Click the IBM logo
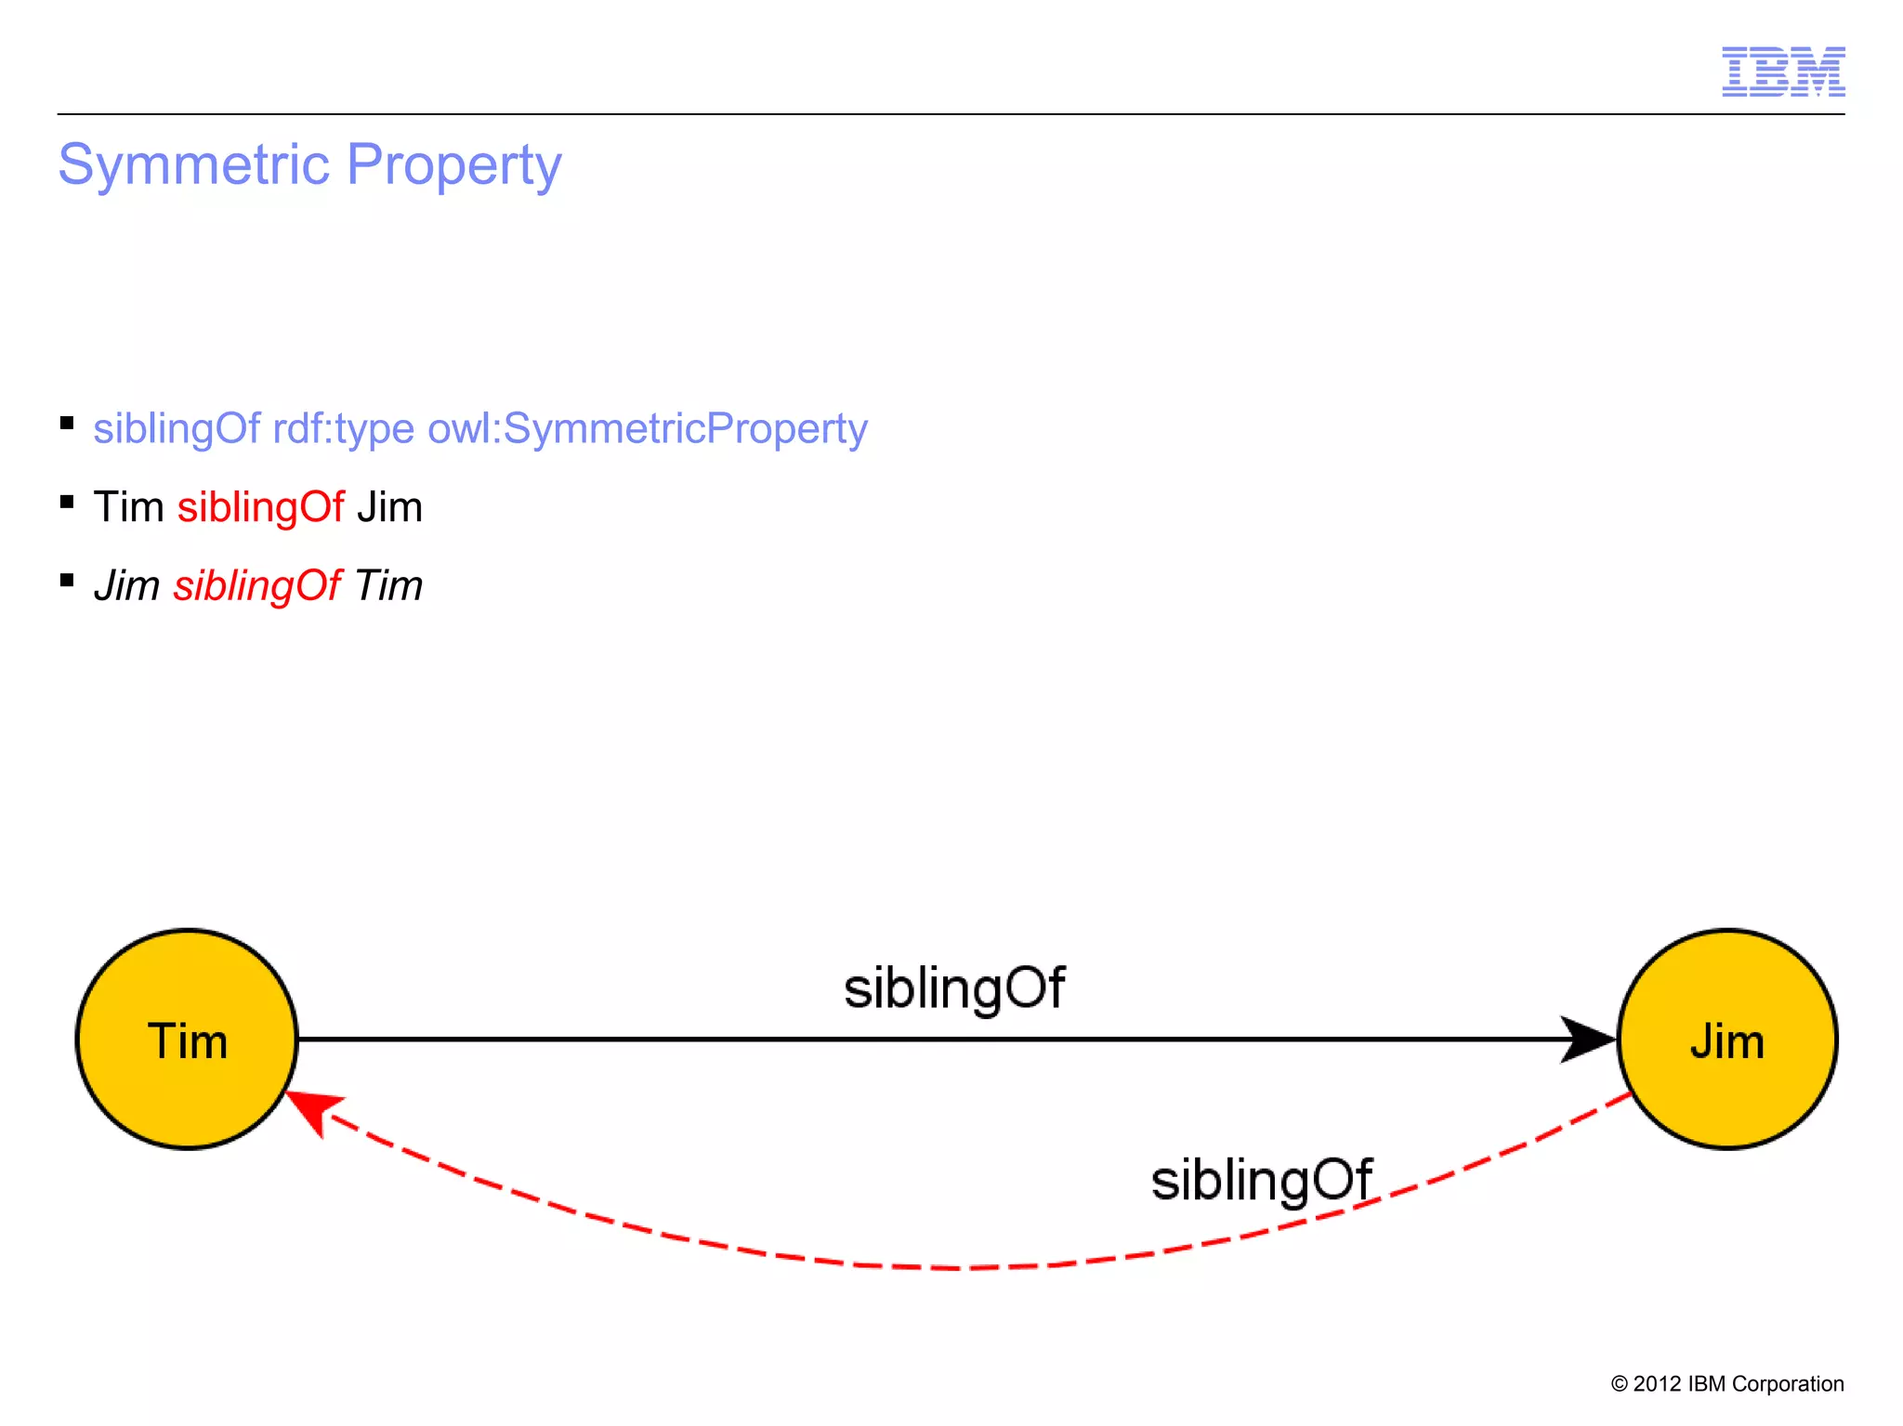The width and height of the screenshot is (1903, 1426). click(x=1782, y=72)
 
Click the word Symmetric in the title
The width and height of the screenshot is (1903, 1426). click(x=194, y=165)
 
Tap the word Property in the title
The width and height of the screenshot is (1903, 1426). click(x=453, y=165)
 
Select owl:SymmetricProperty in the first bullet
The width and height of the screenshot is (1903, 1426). click(x=647, y=429)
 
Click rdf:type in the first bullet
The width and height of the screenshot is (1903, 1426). click(x=343, y=429)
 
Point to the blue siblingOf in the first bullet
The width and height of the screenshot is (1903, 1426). click(x=177, y=429)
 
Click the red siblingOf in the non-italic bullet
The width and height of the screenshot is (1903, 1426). click(x=260, y=508)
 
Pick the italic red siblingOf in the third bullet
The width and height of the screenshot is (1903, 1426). click(x=257, y=586)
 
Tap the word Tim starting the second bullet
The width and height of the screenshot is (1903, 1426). click(x=128, y=508)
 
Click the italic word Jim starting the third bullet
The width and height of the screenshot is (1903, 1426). click(x=126, y=586)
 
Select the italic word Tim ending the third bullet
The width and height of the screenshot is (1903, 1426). click(x=388, y=586)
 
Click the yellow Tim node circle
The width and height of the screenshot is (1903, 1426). click(x=187, y=1040)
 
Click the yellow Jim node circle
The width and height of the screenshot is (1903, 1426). click(x=1726, y=1040)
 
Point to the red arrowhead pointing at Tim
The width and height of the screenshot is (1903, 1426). click(x=312, y=1109)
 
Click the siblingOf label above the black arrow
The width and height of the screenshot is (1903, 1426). click(x=953, y=988)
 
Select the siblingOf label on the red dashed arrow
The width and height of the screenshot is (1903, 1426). click(x=1260, y=1181)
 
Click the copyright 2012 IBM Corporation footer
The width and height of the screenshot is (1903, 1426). click(x=1726, y=1383)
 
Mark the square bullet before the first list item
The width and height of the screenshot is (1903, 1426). click(x=67, y=424)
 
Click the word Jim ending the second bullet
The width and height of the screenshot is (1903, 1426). click(x=389, y=508)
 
